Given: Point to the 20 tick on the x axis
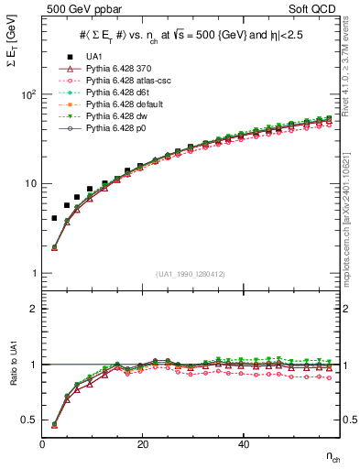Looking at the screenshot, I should point(142,444).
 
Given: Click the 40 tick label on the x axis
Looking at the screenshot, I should point(243,444).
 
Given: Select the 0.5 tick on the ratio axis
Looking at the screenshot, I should point(33,420).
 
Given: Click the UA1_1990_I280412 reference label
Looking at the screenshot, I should point(191,274).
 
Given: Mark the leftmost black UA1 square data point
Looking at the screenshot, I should point(54,218).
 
